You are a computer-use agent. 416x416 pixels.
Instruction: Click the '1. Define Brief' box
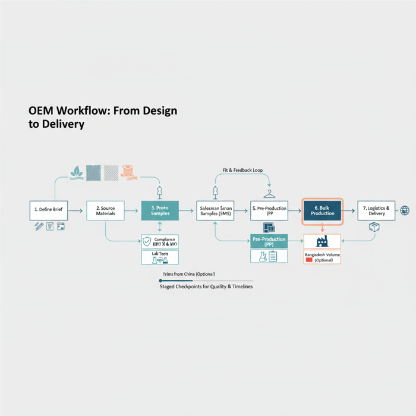tap(49, 210)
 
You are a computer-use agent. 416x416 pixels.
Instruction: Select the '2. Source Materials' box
tap(105, 210)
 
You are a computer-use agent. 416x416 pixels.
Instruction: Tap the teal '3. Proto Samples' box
tap(160, 210)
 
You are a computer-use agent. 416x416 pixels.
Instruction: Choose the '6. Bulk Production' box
tap(322, 210)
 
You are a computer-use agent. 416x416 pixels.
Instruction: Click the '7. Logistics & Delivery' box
tap(376, 210)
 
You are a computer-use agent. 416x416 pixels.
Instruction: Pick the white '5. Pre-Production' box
tap(269, 210)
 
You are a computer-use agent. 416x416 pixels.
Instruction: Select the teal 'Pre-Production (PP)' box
tap(269, 241)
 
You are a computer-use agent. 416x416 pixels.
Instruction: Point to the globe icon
tap(405, 210)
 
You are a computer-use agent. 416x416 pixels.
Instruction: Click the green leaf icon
tap(77, 172)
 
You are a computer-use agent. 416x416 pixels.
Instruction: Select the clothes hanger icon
tap(270, 193)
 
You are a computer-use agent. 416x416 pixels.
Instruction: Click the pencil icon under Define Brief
tap(39, 226)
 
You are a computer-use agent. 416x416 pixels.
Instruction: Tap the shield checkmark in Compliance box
tap(147, 241)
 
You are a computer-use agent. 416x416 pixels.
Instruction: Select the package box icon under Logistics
tap(374, 227)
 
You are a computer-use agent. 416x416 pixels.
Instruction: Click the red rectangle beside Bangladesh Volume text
tap(309, 260)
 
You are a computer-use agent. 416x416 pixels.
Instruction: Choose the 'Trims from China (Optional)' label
tap(188, 274)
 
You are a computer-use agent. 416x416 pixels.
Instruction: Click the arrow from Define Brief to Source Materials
tap(77, 210)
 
